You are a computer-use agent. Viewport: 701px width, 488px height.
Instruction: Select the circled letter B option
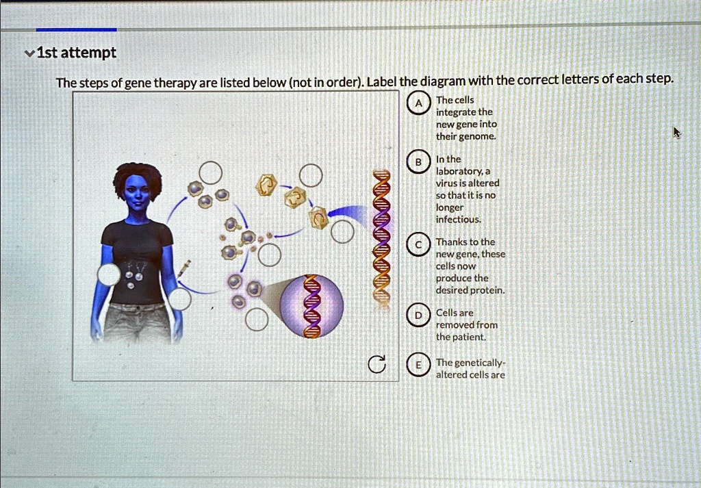(x=417, y=162)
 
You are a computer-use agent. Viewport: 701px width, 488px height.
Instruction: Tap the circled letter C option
(x=417, y=244)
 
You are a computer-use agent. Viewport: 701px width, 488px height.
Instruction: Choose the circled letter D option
(x=417, y=316)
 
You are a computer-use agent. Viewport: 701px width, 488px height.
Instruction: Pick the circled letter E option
(x=417, y=365)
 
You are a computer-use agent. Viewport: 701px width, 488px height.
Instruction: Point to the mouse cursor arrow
(x=677, y=132)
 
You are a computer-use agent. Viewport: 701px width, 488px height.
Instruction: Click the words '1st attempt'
(x=75, y=53)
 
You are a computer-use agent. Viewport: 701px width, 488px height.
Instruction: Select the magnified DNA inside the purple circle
(x=312, y=306)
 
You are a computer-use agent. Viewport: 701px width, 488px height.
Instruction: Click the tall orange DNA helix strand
(x=381, y=236)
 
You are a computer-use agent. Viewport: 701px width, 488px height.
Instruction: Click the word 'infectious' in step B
(x=458, y=220)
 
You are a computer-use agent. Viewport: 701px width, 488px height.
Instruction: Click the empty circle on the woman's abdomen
(x=109, y=276)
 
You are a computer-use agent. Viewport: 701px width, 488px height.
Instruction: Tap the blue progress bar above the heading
(x=76, y=29)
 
